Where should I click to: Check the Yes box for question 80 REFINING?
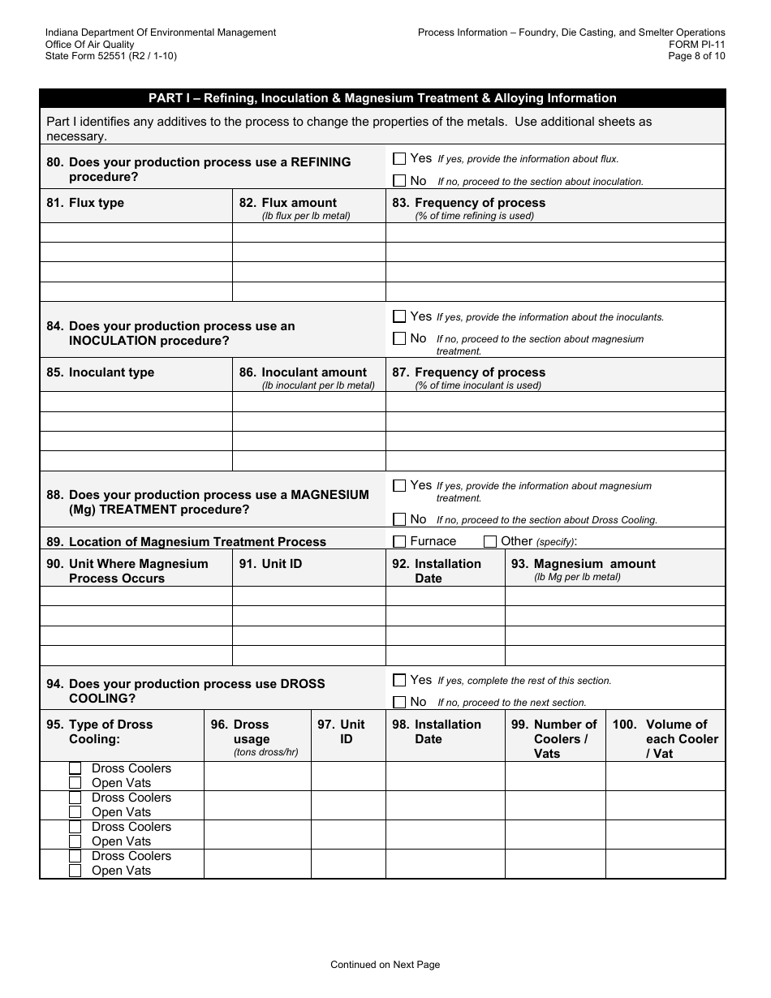399,159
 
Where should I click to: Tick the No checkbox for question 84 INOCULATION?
399,338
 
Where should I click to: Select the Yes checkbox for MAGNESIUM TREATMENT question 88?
399,485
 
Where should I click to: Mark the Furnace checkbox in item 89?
399,541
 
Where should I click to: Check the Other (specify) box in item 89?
490,541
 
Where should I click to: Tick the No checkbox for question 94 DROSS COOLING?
399,702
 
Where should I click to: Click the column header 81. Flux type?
85,203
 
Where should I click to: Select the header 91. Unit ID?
270,564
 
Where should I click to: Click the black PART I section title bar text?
382,98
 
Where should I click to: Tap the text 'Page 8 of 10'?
696,56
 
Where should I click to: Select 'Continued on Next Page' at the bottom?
385,965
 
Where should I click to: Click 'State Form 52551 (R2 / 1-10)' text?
111,56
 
